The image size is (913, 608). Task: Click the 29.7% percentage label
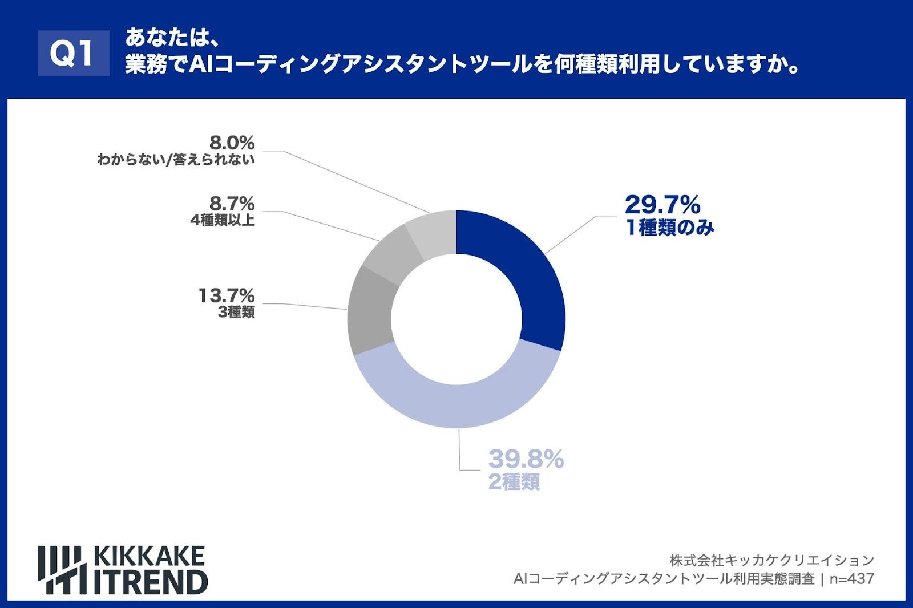tap(662, 204)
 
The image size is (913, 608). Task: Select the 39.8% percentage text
tap(526, 459)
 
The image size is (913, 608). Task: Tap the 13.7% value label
tap(227, 295)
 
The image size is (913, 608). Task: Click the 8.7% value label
tap(232, 204)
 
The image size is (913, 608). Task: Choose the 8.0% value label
tap(232, 143)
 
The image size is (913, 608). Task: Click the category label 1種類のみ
tap(670, 228)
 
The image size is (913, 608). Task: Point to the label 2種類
tap(514, 483)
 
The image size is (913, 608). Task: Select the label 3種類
tap(236, 313)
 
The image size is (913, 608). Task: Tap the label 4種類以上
tap(223, 220)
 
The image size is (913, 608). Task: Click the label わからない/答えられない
tap(176, 160)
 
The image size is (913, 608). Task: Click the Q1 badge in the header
tap(73, 53)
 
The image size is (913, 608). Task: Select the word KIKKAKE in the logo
tap(148, 556)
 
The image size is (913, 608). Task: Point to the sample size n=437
tap(851, 579)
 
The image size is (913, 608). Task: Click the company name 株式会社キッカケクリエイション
tap(771, 560)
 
